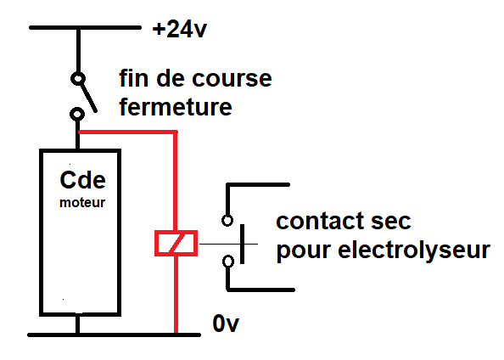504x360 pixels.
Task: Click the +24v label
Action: [x=180, y=30]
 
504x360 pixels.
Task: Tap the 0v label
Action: [x=226, y=323]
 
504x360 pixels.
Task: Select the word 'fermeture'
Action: [x=176, y=107]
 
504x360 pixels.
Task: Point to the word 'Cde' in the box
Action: [x=82, y=180]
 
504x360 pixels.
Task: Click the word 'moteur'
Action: [x=82, y=203]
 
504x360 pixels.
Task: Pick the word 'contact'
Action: [x=320, y=221]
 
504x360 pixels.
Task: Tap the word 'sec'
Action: [x=391, y=221]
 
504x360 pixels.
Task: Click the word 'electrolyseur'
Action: [x=414, y=250]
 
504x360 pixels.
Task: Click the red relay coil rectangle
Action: [x=176, y=243]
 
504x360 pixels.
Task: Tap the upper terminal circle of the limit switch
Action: [x=78, y=78]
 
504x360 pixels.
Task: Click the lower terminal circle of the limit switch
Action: [x=77, y=114]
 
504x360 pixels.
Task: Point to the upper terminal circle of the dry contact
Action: [x=227, y=221]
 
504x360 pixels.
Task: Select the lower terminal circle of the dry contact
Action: [x=228, y=262]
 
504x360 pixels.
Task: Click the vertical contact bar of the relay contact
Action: [x=242, y=245]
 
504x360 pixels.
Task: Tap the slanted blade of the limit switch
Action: [x=89, y=98]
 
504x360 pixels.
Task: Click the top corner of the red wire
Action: [x=176, y=132]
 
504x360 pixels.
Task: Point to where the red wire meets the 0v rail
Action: [x=176, y=335]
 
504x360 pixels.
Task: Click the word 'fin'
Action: [x=133, y=78]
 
